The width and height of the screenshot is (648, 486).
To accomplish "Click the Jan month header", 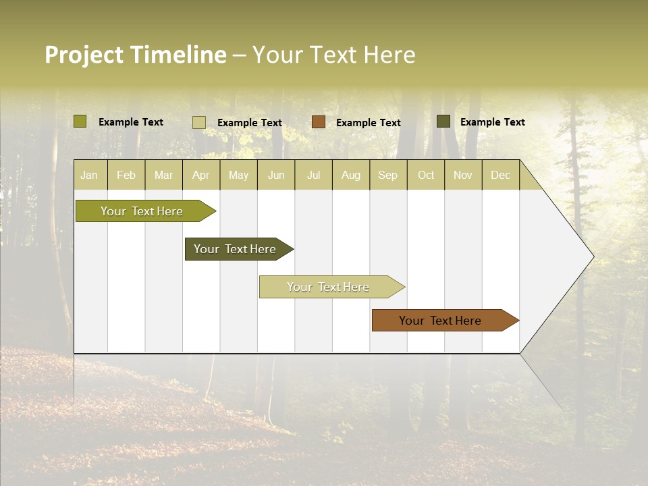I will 90,175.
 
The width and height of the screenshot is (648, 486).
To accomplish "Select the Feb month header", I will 126,175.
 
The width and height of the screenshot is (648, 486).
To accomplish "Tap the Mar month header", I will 164,175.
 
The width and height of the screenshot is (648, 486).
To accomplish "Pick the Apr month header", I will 201,175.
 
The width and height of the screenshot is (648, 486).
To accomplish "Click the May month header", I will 238,175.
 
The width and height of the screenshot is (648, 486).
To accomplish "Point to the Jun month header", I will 276,175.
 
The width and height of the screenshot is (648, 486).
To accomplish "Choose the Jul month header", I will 313,175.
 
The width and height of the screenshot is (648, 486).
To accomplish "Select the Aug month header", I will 351,175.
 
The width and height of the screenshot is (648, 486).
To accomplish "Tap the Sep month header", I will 388,175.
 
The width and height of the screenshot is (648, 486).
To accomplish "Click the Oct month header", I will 426,175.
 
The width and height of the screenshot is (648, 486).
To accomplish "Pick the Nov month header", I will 463,175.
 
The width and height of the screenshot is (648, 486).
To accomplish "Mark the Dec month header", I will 501,175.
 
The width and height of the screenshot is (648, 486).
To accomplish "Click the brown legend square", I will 319,122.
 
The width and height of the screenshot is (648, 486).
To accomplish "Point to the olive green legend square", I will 80,122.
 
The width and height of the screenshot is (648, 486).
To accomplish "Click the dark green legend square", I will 443,122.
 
